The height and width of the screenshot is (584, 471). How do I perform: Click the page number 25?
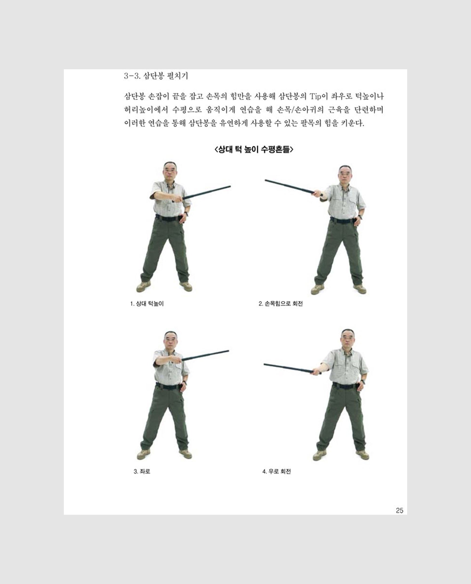(399, 510)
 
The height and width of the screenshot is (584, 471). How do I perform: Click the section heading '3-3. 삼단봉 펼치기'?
(156, 76)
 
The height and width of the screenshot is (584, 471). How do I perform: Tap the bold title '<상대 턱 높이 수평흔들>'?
(254, 149)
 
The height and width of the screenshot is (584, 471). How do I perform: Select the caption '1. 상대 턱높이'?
(147, 304)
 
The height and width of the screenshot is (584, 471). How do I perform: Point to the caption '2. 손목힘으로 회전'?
(280, 304)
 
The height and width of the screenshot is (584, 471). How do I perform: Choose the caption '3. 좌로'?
(142, 471)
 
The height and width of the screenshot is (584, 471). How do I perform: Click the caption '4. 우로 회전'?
(276, 471)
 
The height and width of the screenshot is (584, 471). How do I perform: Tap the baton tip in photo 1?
(230, 186)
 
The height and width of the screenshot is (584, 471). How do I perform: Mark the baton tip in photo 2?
(266, 180)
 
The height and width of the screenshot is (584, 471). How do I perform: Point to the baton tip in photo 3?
(228, 351)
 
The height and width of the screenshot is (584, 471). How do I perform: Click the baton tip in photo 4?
(264, 364)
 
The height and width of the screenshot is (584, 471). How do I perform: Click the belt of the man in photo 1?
(168, 218)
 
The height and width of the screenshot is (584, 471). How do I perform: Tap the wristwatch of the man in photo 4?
(363, 382)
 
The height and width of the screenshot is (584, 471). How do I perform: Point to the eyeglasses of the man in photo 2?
(345, 175)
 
